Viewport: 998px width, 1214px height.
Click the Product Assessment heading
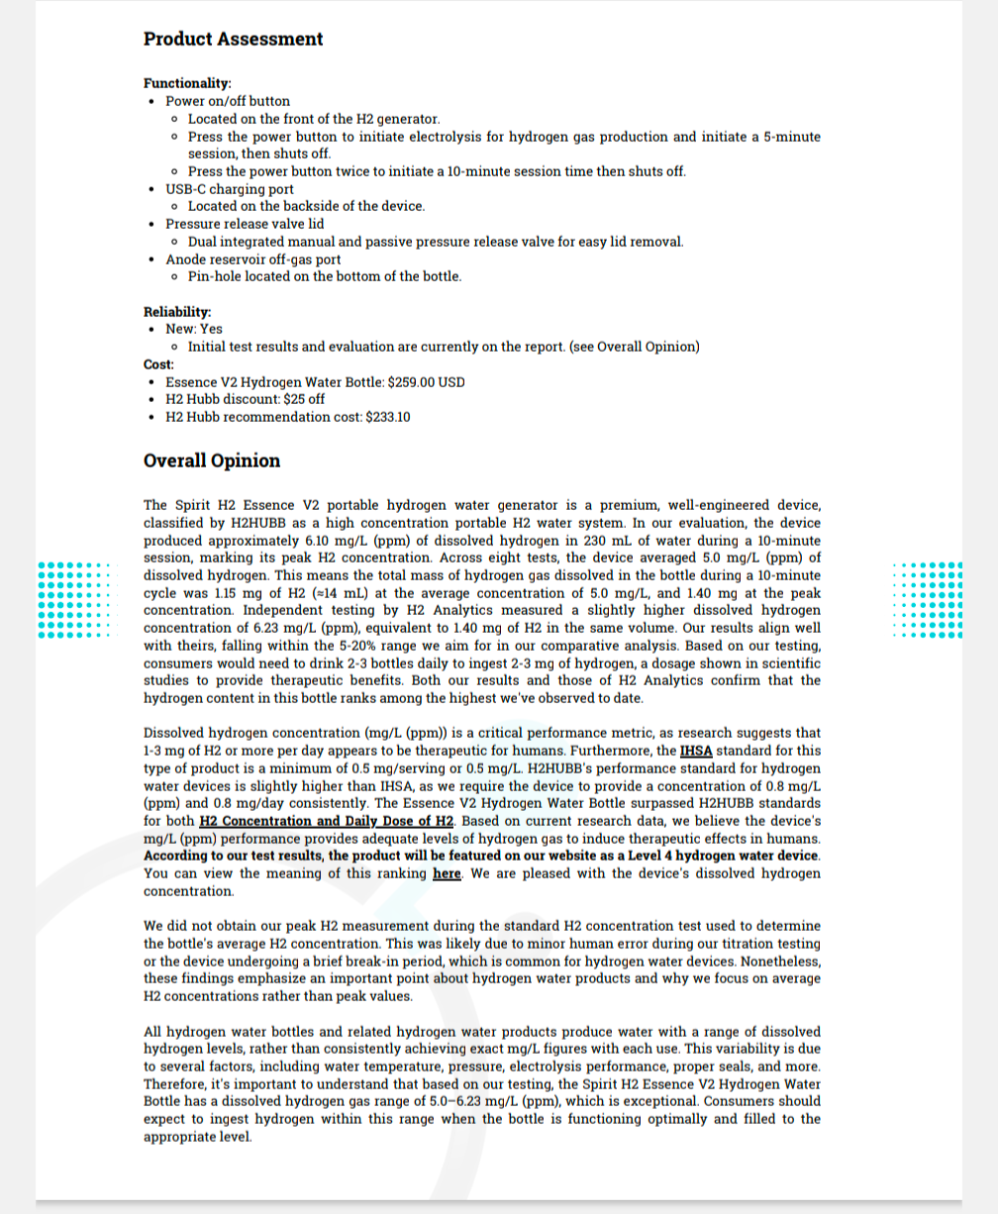[x=233, y=40]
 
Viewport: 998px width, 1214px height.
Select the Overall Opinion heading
[x=212, y=460]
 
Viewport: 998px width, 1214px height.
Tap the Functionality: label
[x=187, y=83]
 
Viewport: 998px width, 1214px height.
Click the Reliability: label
[x=177, y=312]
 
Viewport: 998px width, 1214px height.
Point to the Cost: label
[x=158, y=364]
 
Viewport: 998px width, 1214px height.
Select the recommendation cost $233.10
[x=388, y=417]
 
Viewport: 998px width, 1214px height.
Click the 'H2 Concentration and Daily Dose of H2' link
[x=326, y=821]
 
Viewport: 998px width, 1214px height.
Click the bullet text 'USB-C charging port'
[x=229, y=189]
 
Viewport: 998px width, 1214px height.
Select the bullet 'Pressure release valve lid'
[x=245, y=224]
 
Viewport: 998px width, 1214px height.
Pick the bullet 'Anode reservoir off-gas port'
[x=252, y=259]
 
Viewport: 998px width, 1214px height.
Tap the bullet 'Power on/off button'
[x=228, y=101]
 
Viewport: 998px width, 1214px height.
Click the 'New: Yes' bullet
[x=194, y=329]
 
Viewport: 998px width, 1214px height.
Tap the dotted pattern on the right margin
[x=927, y=599]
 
